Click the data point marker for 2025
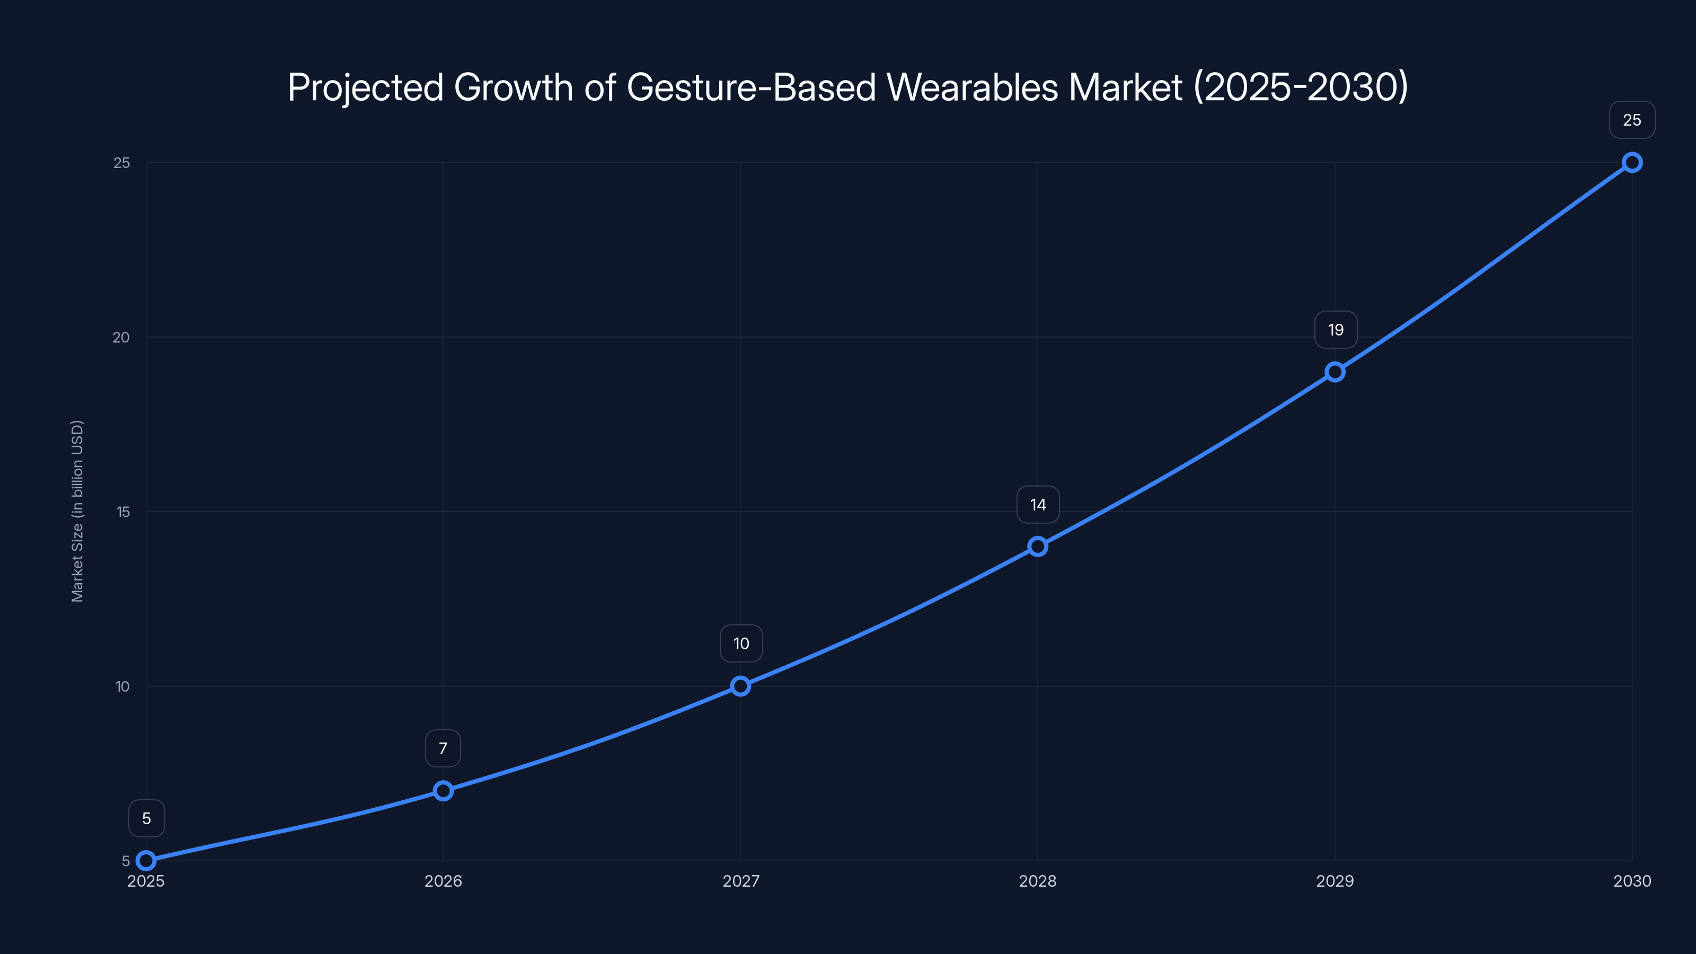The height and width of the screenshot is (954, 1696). [x=146, y=861]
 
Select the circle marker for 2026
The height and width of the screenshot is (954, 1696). [x=443, y=791]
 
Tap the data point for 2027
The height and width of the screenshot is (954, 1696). [x=741, y=686]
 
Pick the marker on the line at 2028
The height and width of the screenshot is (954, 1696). [x=1038, y=546]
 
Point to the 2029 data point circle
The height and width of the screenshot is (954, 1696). [x=1335, y=372]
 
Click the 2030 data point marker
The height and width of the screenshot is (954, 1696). [x=1632, y=163]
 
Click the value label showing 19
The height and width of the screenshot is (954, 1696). [x=1335, y=330]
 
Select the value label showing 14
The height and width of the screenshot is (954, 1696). [x=1038, y=505]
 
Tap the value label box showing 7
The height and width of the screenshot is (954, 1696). [x=443, y=748]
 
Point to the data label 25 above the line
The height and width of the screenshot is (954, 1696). [x=1632, y=120]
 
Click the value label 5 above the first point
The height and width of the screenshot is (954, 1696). [x=146, y=818]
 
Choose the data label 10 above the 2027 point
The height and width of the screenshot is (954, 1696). [x=741, y=643]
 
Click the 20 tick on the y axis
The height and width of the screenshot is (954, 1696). [x=121, y=337]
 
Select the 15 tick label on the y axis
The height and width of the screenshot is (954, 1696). [x=123, y=511]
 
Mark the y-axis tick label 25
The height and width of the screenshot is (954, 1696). [x=122, y=163]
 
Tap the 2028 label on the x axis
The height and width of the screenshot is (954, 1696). [x=1038, y=881]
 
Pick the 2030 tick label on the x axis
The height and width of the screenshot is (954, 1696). [x=1632, y=881]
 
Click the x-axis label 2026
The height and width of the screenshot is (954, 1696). [x=443, y=881]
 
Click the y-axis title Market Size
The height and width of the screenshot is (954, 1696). [x=78, y=511]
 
